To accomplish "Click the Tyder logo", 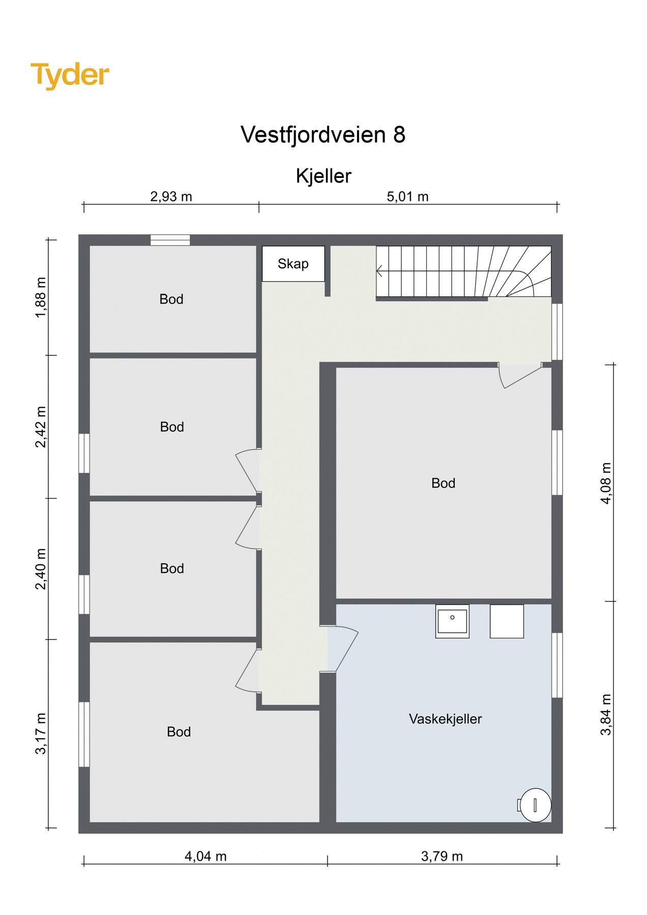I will pos(70,75).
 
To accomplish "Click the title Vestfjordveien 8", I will pos(323,135).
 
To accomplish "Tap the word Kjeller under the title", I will pos(323,176).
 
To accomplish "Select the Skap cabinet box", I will pos(293,264).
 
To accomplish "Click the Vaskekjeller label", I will pos(445,719).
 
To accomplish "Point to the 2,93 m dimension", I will pos(171,197).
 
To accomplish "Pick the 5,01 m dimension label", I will pos(407,197).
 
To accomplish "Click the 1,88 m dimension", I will pos(41,297).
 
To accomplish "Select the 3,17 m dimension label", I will pos(41,733).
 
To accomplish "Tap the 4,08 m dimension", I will pos(606,483).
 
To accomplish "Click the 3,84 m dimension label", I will pos(606,714).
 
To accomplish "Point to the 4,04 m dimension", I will pos(205,857).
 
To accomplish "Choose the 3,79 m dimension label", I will pos(442,857).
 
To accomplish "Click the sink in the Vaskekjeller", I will pos(452,621).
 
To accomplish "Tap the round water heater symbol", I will pos(536,805).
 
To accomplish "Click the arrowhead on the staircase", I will pos(379,272).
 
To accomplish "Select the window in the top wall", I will pos(170,240).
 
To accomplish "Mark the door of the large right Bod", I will pos(520,376).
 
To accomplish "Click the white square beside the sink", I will pos(507,621).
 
